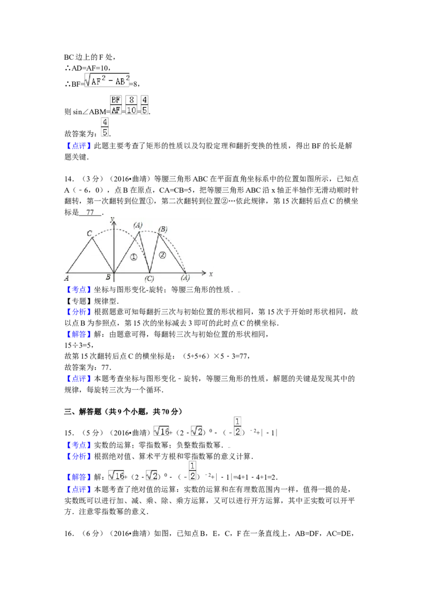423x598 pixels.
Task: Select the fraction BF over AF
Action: point(116,105)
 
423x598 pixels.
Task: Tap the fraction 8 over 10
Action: point(132,105)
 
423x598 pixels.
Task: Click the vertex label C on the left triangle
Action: point(89,233)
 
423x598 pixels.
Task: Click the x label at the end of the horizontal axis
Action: point(210,274)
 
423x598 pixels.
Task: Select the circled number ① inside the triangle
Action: point(133,257)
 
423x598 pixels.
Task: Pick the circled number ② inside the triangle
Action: point(162,255)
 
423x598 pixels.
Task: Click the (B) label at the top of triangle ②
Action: point(163,229)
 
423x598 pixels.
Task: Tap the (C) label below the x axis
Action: point(149,279)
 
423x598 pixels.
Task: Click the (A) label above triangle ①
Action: point(138,225)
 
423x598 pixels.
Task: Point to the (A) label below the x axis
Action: point(185,278)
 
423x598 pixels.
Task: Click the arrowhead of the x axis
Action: point(204,274)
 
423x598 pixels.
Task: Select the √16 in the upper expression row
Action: point(161,431)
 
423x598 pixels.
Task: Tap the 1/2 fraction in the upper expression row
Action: point(238,426)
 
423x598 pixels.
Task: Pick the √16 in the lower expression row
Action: point(116,475)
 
